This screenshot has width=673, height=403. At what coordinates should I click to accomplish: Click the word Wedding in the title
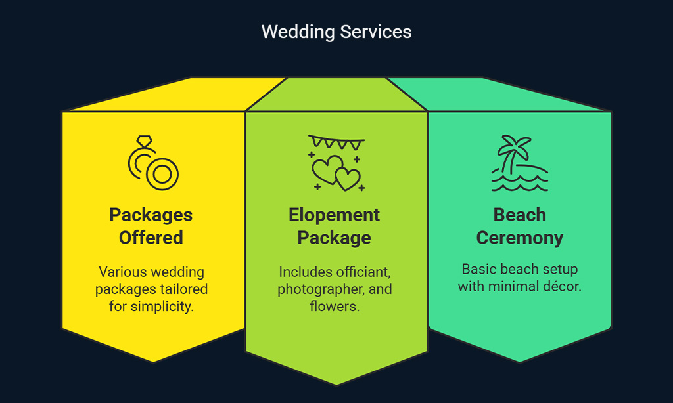[x=298, y=32]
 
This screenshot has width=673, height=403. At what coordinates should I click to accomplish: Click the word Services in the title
[x=375, y=32]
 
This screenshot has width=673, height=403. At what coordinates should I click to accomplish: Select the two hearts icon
[x=336, y=173]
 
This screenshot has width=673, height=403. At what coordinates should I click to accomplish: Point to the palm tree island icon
[x=519, y=163]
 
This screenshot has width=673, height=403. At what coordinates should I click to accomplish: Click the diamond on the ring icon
[x=144, y=142]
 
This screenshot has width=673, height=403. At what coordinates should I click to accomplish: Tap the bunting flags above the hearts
[x=336, y=142]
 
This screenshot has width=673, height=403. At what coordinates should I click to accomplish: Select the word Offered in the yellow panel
[x=151, y=238]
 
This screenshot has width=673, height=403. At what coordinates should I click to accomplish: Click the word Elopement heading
[x=334, y=215]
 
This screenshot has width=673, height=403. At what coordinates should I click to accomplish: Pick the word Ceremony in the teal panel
[x=519, y=238]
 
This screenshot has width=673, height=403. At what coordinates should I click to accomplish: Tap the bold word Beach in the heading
[x=519, y=215]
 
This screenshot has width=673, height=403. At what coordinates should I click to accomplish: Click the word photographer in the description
[x=321, y=289]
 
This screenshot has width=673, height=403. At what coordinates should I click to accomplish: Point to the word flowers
[x=335, y=306]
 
